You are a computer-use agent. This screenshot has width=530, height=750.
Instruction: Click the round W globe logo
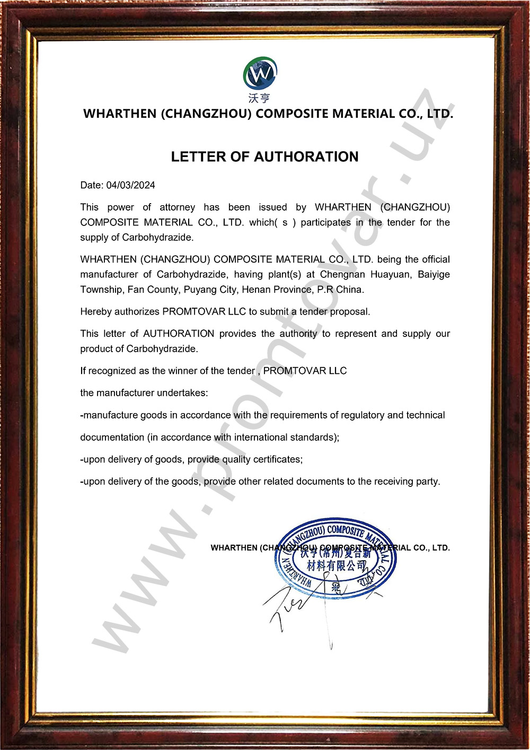[x=260, y=73]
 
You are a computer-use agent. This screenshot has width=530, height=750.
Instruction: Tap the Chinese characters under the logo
[x=260, y=98]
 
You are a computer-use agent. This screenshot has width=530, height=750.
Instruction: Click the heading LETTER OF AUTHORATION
[x=264, y=156]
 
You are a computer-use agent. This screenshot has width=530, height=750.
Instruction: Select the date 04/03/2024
[x=130, y=185]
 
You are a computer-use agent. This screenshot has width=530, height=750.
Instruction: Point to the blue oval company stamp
[x=335, y=559]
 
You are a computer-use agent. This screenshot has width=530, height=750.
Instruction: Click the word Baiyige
[x=434, y=274]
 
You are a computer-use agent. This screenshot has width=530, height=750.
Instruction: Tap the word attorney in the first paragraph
[x=177, y=207]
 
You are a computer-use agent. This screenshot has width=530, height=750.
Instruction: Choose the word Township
[x=101, y=290]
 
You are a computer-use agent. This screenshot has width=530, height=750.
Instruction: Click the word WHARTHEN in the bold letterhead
[x=120, y=114]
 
